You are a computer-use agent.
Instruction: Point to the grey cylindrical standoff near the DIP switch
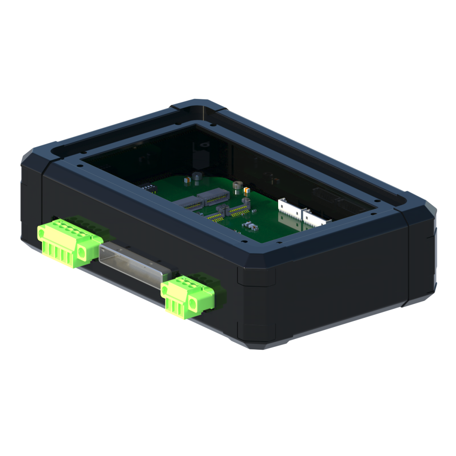tap(197, 177)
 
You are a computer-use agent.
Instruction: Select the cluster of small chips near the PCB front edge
tap(249, 225)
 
